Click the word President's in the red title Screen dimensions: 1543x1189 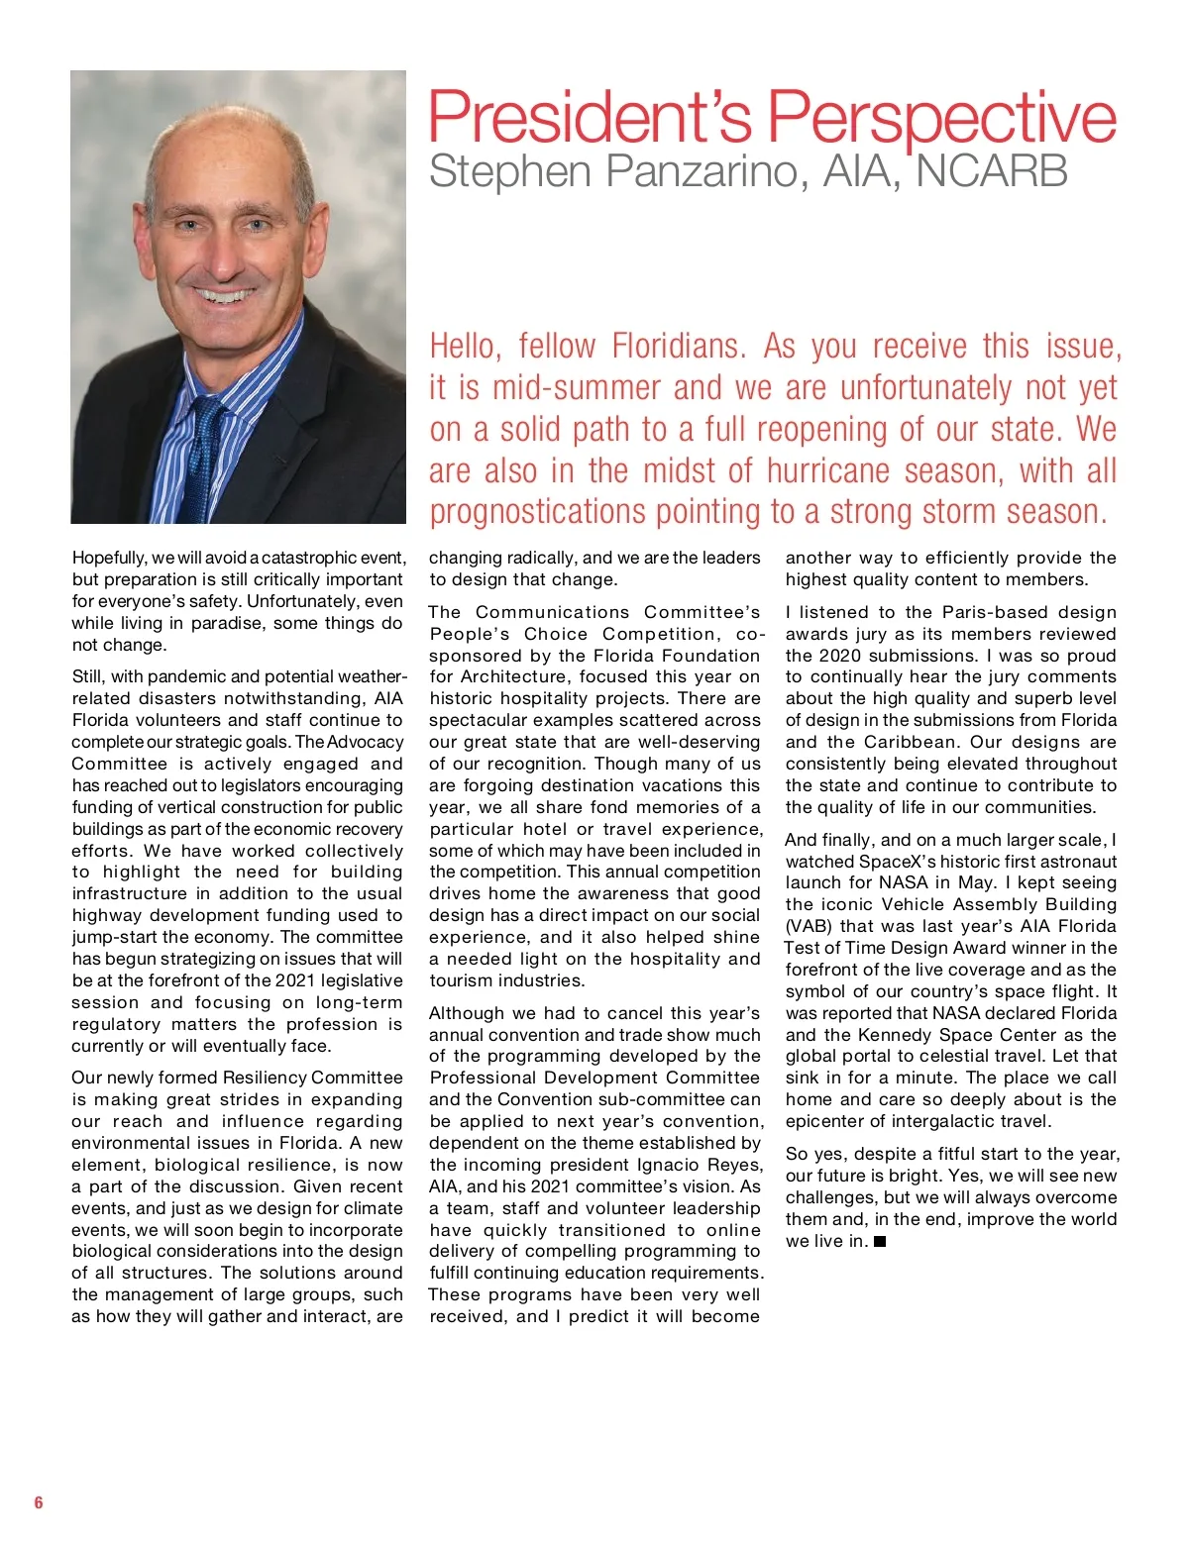point(591,117)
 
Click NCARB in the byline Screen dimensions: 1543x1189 point(992,170)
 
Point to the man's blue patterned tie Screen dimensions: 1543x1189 point(202,456)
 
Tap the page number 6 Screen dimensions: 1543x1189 point(39,1502)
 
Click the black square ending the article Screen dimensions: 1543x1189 point(880,1242)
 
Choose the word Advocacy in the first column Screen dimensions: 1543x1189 point(365,742)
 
